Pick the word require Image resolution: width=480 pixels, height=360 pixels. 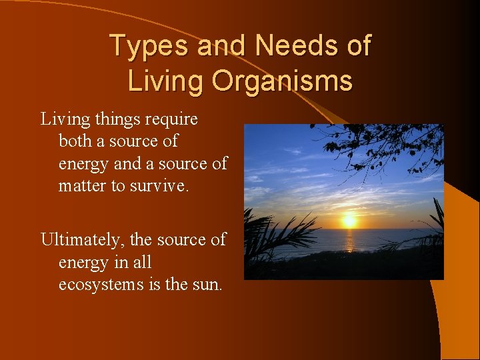tap(171, 119)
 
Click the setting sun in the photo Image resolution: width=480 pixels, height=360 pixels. tap(348, 221)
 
